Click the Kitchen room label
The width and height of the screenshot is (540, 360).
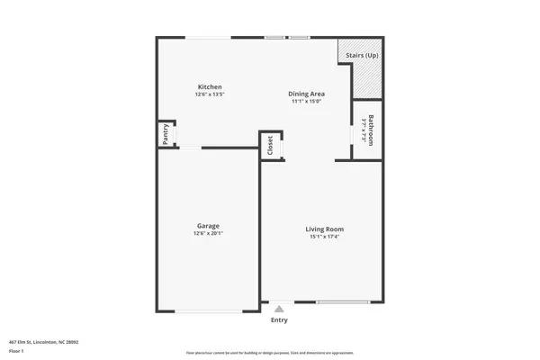(210, 87)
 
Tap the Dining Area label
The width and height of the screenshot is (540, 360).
(306, 94)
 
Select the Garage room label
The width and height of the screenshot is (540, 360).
(209, 226)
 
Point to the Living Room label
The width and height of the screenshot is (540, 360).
(324, 229)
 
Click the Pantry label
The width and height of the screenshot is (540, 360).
(166, 134)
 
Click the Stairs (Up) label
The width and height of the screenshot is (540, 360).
(362, 55)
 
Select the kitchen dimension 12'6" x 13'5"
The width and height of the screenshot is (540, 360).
(210, 94)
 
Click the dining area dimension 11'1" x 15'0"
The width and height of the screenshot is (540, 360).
(306, 101)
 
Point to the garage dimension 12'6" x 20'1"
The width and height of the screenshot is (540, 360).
(209, 234)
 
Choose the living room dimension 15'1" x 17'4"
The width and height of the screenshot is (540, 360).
(324, 237)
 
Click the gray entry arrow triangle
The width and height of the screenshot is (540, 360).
(279, 309)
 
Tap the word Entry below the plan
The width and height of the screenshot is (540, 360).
(279, 319)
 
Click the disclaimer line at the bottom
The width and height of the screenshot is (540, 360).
(270, 353)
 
